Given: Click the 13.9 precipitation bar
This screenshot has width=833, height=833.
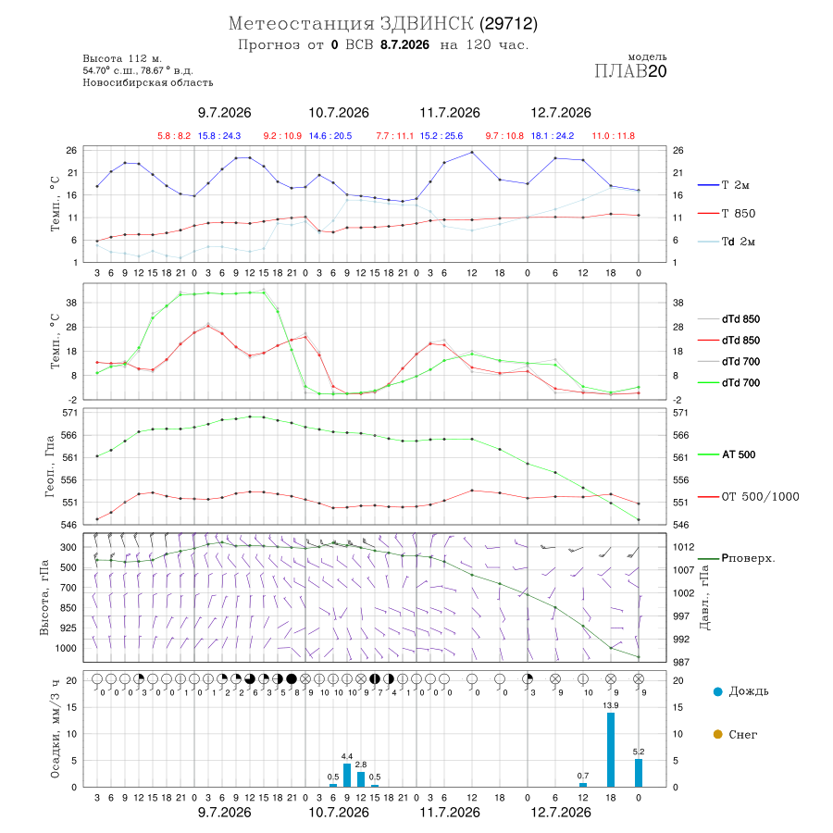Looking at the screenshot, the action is (x=611, y=750).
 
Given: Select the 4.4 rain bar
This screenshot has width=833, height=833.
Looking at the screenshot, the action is (x=347, y=775).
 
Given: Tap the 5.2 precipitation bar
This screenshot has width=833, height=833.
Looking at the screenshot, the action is (x=639, y=773).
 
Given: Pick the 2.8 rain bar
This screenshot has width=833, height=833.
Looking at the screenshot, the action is (x=361, y=779).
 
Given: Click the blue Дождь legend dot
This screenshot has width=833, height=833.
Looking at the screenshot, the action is (x=717, y=691).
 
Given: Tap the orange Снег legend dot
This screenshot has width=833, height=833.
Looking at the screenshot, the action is (x=717, y=734).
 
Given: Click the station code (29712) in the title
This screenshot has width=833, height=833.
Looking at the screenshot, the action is (x=508, y=24).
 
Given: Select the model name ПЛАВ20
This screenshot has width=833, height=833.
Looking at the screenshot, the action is (x=630, y=71).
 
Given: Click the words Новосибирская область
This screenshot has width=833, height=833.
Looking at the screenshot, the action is (x=148, y=83).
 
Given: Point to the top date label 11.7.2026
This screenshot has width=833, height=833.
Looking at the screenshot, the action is (x=450, y=113).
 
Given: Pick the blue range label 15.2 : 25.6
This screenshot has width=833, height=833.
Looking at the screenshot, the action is (x=441, y=136).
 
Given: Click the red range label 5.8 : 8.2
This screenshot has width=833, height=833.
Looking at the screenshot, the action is (x=174, y=136).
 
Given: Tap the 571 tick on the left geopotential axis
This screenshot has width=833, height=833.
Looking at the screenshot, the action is (x=70, y=413).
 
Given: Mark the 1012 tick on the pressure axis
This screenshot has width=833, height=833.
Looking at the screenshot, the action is (x=683, y=547).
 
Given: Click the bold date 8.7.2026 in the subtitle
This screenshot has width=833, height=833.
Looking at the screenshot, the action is (x=404, y=44).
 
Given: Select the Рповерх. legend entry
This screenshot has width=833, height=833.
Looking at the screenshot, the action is (x=737, y=558).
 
